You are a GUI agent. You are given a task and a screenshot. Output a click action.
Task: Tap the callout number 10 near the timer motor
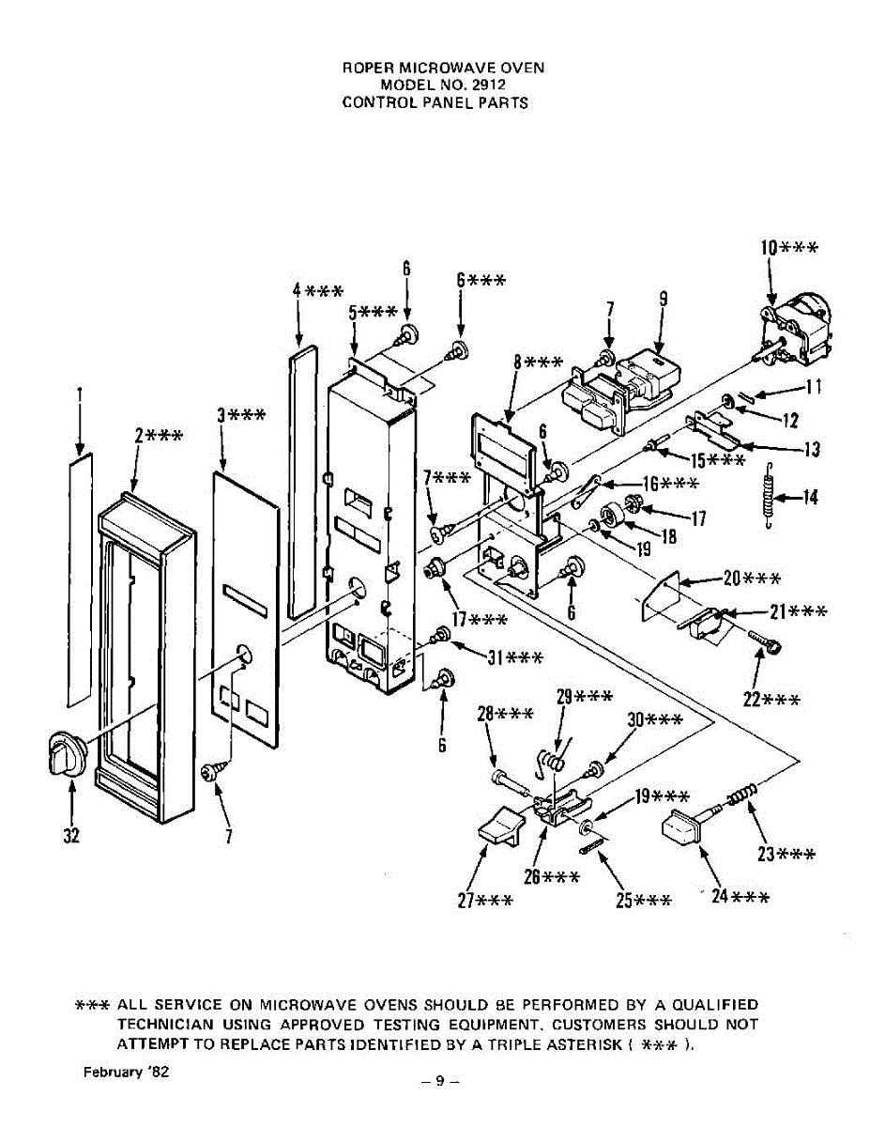coord(770,248)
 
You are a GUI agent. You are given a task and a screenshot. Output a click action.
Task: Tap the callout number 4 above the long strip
coord(298,290)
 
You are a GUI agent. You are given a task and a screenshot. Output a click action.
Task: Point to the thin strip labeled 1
coord(81,579)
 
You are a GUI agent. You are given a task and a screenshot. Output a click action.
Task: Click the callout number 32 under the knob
coord(71,837)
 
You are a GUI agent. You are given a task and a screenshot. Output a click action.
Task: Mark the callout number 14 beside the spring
coord(810,497)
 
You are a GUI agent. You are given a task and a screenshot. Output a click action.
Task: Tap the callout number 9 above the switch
coord(663,300)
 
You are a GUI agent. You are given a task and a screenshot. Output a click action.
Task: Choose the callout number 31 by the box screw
coord(496,656)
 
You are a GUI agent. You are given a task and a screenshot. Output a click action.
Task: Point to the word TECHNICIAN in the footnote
coord(164,1024)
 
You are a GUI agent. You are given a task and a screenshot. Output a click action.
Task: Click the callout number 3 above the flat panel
coord(222,415)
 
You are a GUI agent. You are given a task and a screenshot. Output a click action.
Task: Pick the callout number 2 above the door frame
coord(140,435)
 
